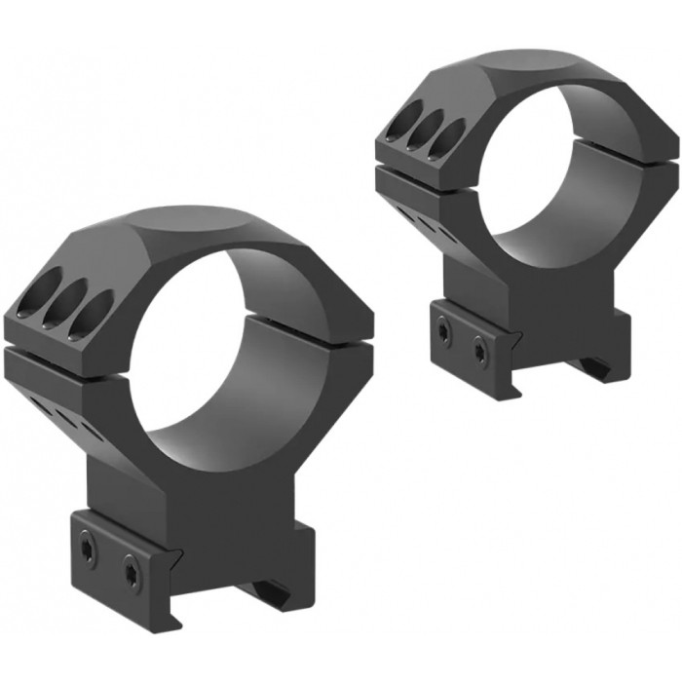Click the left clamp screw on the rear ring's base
click(443, 331)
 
